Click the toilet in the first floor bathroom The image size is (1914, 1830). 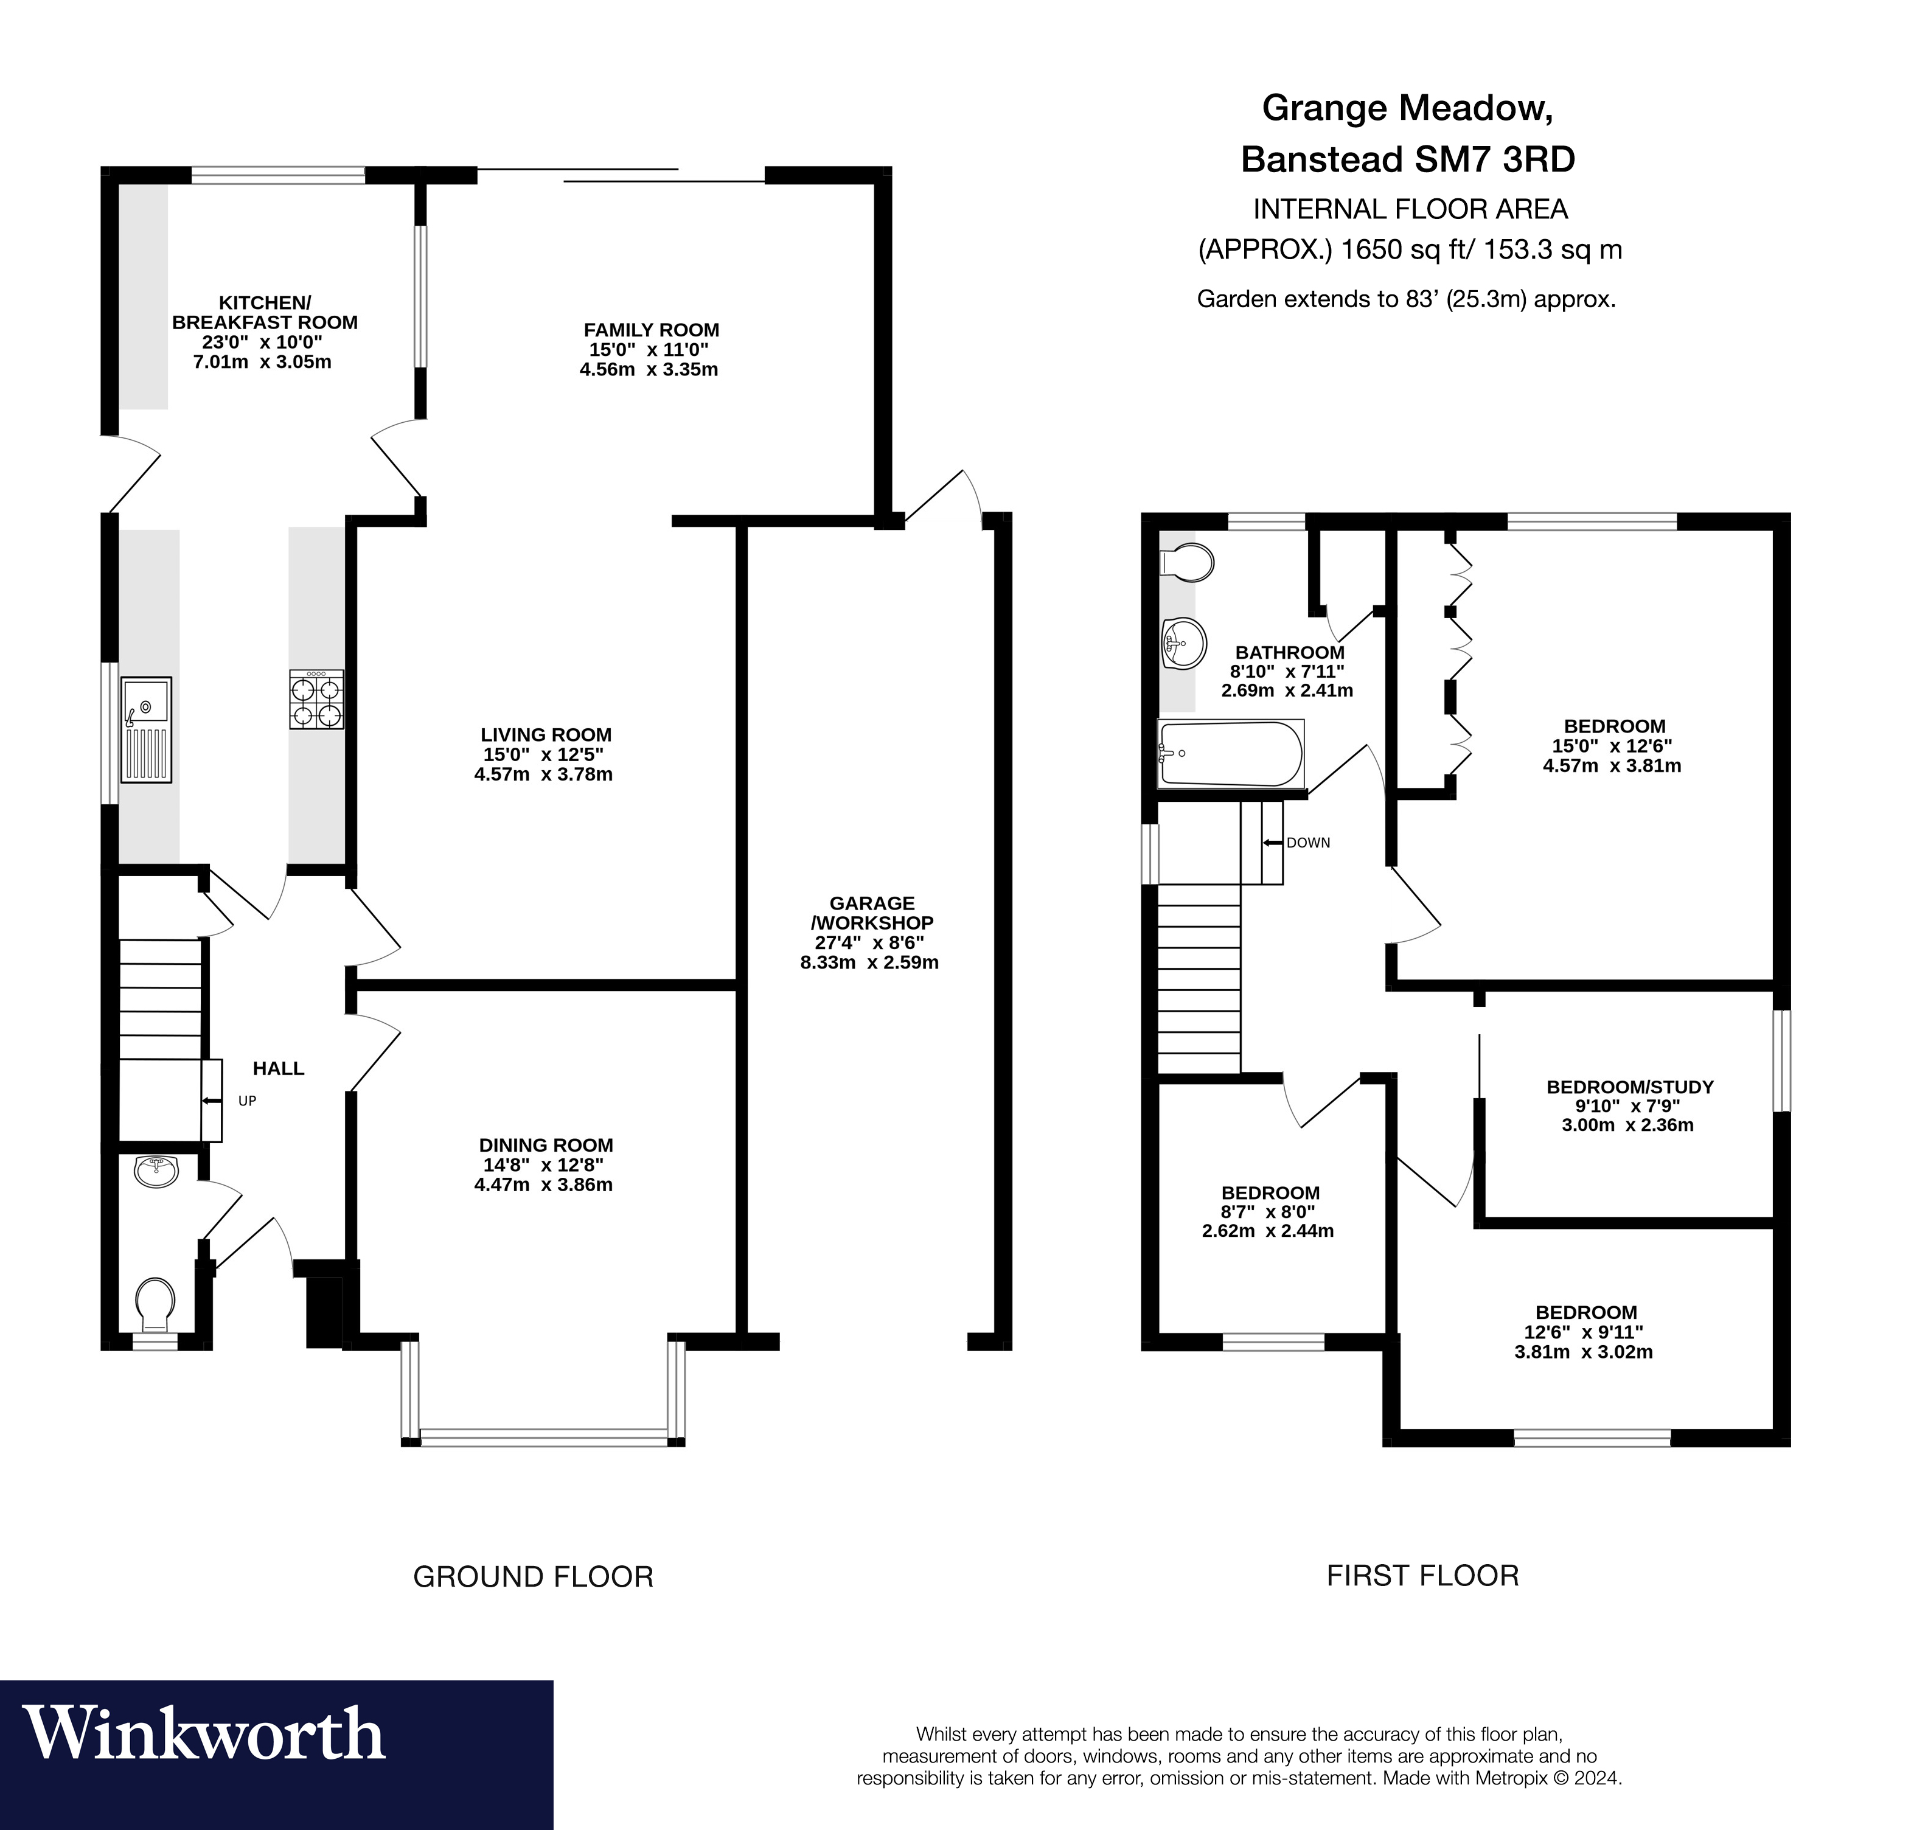tap(1187, 563)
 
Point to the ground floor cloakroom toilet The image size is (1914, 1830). tap(155, 1304)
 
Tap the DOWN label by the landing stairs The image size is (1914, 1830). tap(1307, 843)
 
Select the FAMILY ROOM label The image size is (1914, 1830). tap(651, 330)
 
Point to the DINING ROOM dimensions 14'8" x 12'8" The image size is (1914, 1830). tap(545, 1164)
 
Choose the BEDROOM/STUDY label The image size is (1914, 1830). tap(1629, 1086)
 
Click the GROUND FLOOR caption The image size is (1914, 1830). tap(532, 1576)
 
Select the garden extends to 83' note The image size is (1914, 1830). tap(1406, 299)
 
